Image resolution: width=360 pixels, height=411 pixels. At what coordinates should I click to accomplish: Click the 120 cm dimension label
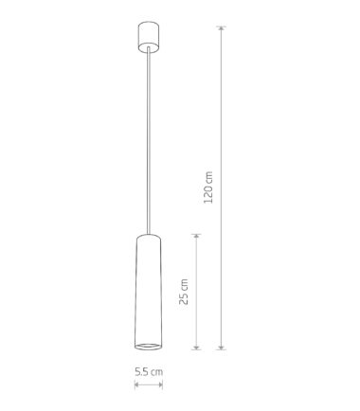[208, 188]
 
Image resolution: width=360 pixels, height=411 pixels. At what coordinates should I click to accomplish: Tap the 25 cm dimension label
[184, 292]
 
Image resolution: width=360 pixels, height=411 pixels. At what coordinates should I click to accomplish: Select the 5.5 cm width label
[149, 371]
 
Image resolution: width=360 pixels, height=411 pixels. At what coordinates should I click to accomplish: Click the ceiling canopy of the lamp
[148, 36]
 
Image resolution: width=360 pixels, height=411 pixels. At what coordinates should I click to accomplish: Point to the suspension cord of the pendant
[149, 141]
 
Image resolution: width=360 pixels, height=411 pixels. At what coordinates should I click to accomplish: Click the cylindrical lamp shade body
[149, 292]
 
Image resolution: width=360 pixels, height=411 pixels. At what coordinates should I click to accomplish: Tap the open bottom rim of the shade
[149, 347]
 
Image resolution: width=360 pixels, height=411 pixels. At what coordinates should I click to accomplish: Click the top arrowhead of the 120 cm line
[222, 28]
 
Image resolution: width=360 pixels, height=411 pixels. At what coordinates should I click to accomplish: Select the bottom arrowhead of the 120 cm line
[222, 347]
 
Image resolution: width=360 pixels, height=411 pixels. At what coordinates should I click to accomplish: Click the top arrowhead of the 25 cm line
[196, 237]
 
